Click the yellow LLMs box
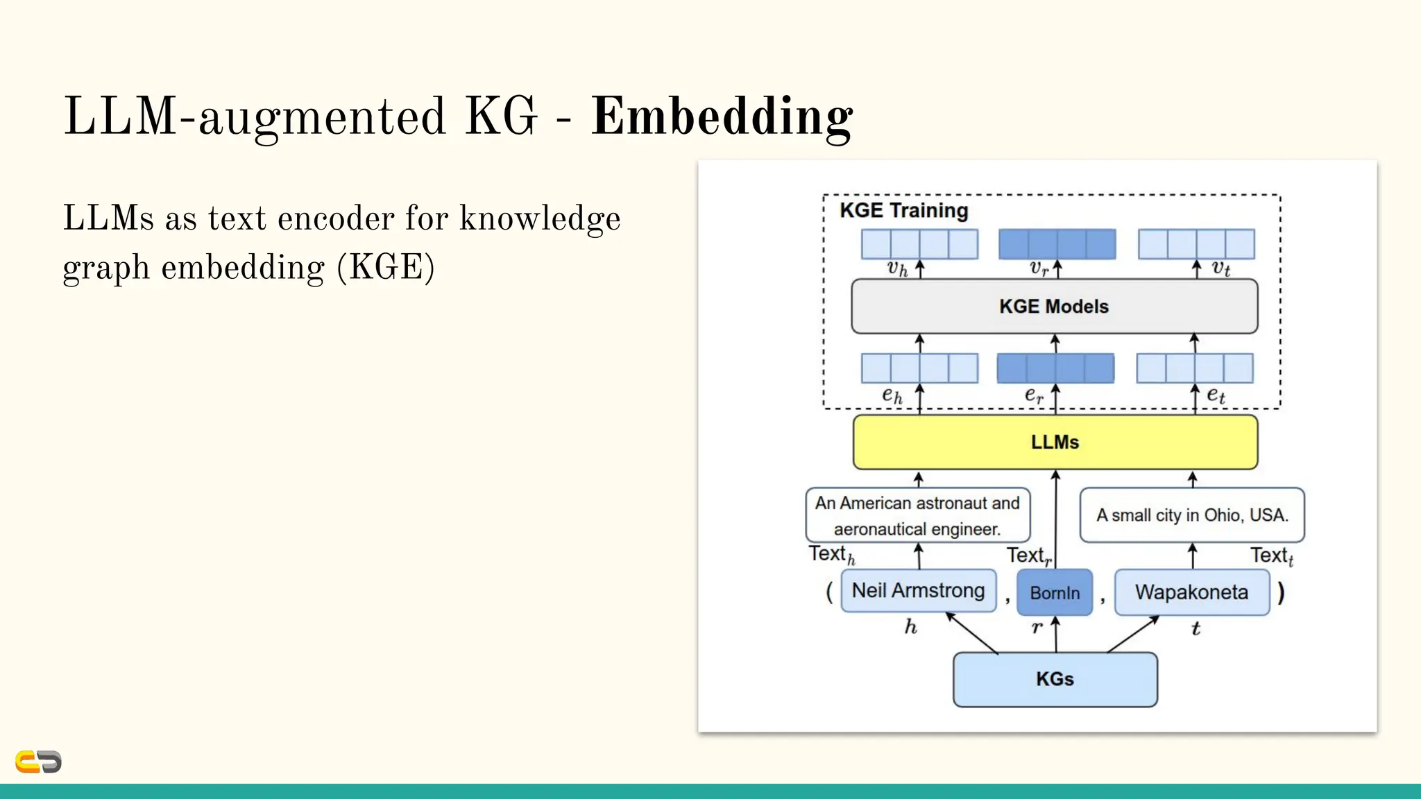coord(1055,442)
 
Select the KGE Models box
coord(1054,306)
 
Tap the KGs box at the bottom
coord(1055,679)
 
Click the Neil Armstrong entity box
coord(918,591)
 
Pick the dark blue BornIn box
coord(1055,592)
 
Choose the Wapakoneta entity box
coord(1191,592)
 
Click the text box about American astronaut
coord(917,515)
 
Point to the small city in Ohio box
coord(1192,515)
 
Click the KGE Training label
coord(903,210)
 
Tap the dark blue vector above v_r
coord(1057,244)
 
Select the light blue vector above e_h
coord(919,368)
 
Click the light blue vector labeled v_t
coord(1196,244)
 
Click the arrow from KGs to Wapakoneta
coord(1134,634)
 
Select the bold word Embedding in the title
coord(722,117)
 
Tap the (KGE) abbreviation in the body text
coord(386,268)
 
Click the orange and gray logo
coord(38,762)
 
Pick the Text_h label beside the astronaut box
coord(831,554)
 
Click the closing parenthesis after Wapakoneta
coord(1281,592)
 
